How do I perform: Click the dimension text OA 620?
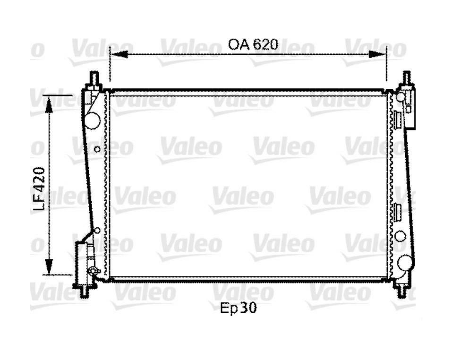[x=252, y=44]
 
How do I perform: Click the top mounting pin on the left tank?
[x=94, y=78]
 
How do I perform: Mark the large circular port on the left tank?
[x=93, y=120]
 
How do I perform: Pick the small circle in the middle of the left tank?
[x=97, y=149]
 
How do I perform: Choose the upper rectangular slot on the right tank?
[x=398, y=120]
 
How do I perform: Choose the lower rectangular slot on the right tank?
[x=398, y=214]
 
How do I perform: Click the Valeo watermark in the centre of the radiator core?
[x=241, y=196]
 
